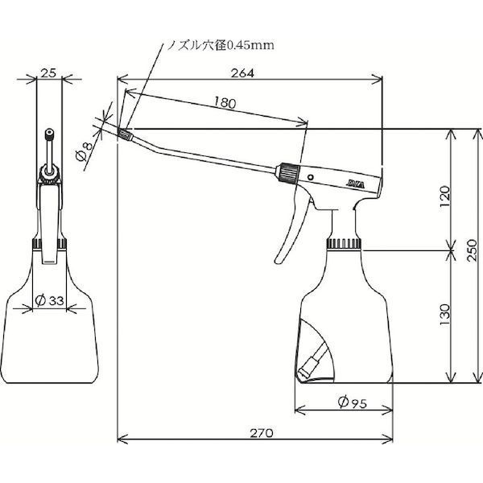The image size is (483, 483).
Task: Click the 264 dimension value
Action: (243, 73)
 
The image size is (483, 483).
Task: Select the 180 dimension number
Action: (225, 102)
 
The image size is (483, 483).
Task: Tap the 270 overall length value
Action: (262, 433)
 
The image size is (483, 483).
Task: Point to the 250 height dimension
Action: (471, 250)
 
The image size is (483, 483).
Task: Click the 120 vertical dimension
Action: (445, 196)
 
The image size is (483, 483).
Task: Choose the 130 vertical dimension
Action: (445, 314)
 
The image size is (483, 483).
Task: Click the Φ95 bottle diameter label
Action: (353, 402)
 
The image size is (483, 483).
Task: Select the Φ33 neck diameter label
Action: (49, 300)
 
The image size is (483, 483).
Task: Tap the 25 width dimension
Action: (48, 73)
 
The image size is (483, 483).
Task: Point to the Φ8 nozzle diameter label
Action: (84, 152)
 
